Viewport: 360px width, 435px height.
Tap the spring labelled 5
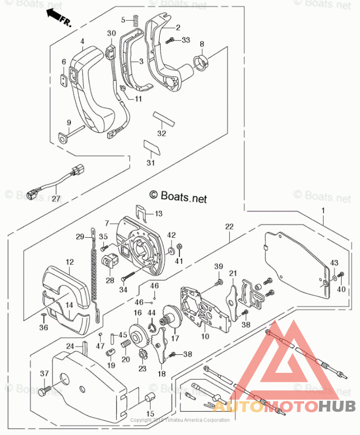[x=134, y=20]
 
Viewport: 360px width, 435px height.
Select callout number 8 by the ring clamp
[x=202, y=44]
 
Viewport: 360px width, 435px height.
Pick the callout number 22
[x=229, y=227]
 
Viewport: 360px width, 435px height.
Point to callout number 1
[x=324, y=210]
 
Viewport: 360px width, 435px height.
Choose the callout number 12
[x=69, y=262]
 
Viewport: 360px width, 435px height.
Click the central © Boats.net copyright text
[x=178, y=195]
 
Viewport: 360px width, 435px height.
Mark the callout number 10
[x=205, y=336]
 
